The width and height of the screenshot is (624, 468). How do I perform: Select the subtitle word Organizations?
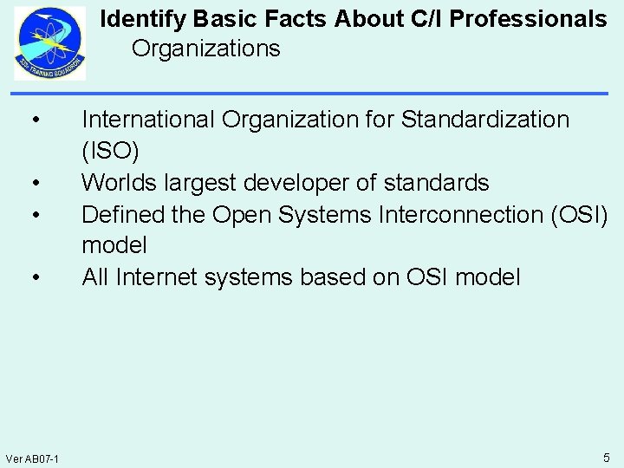point(206,49)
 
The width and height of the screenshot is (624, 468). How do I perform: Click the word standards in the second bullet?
point(437,183)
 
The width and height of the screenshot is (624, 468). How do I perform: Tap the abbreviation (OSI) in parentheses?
point(578,214)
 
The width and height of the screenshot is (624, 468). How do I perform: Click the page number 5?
point(607,457)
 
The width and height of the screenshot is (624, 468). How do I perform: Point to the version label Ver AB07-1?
point(31,458)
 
